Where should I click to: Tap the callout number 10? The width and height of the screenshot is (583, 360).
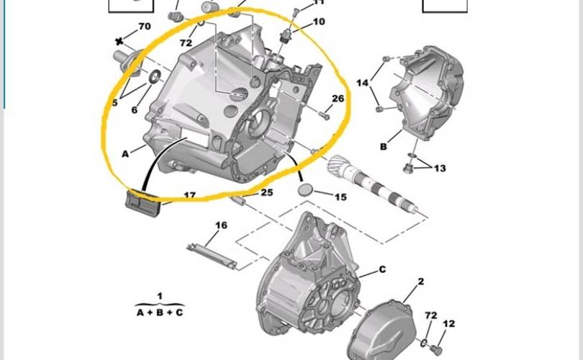318,22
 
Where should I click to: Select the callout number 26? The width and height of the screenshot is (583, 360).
338,99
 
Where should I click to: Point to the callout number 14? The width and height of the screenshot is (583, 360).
362,84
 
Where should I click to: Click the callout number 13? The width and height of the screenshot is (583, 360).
440,168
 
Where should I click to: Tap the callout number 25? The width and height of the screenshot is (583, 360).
267,192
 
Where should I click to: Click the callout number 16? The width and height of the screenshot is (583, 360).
221,225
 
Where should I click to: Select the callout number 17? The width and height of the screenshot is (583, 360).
189,195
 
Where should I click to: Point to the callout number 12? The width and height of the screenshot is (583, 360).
448,324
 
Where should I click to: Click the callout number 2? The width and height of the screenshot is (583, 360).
420,281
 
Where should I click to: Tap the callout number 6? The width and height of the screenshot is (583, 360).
134,110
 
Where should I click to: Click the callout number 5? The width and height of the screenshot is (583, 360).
114,103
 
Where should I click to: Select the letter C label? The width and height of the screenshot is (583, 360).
382,269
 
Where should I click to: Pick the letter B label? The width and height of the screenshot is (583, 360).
384,146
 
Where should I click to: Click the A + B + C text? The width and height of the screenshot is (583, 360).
160,313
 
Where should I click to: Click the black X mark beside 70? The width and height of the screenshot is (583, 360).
119,42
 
